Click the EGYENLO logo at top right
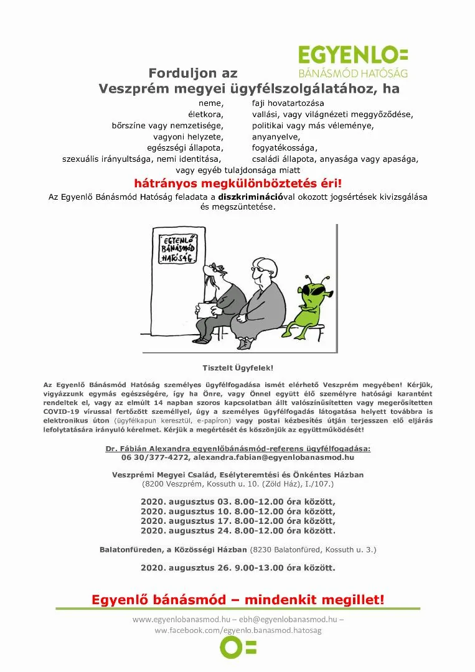pyautogui.click(x=353, y=61)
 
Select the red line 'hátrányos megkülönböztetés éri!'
pyautogui.click(x=238, y=184)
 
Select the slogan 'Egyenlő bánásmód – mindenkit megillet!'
pyautogui.click(x=238, y=600)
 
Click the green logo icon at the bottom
pyautogui.click(x=237, y=647)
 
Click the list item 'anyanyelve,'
pyautogui.click(x=276, y=136)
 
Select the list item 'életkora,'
pyautogui.click(x=205, y=114)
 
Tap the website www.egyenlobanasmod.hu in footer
pyautogui.click(x=181, y=620)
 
